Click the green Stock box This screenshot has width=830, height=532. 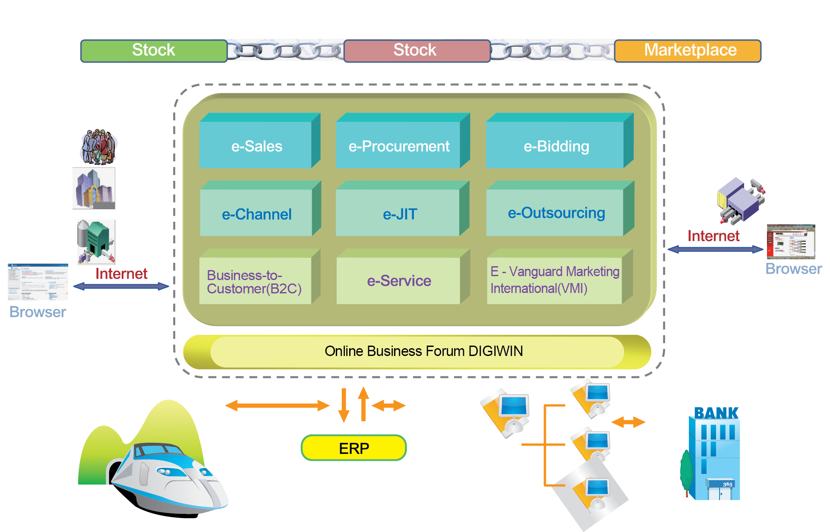point(154,50)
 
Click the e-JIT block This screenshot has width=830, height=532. point(398,213)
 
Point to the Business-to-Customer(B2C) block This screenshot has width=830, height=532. point(255,281)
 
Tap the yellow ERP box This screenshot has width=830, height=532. point(353,448)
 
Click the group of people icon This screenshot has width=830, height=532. point(99,147)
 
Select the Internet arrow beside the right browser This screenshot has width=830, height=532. point(715,249)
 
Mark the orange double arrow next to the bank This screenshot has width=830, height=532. point(628,422)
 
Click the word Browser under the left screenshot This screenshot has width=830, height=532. point(38,312)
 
